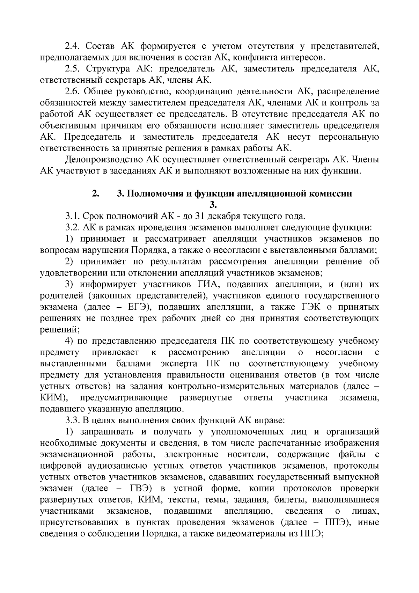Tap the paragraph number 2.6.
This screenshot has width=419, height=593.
point(73,92)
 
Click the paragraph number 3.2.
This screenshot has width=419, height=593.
point(73,228)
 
